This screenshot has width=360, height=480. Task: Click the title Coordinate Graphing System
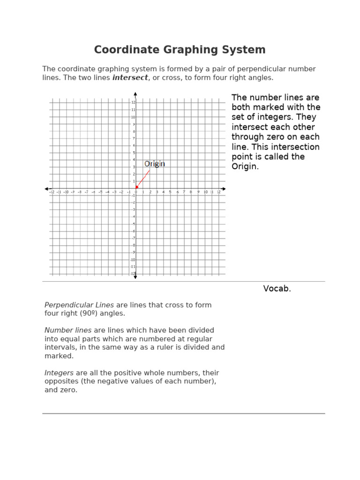(180, 50)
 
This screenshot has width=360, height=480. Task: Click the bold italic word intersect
(130, 78)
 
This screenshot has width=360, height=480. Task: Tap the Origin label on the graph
(154, 164)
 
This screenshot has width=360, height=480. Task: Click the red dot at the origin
(136, 187)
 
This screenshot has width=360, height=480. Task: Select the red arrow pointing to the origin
(143, 179)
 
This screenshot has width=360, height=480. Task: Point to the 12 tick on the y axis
(133, 102)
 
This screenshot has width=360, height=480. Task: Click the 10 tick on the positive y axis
(133, 117)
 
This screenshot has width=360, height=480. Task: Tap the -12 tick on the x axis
(52, 192)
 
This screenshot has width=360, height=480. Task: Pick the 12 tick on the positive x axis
(218, 192)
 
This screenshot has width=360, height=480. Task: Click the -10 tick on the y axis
(133, 260)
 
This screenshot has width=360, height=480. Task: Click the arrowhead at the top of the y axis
(135, 92)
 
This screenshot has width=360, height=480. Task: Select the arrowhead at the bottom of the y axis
(135, 277)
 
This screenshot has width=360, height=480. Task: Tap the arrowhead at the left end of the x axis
(46, 189)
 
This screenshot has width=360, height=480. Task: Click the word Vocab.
(277, 289)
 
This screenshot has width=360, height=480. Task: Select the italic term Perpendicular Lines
(79, 305)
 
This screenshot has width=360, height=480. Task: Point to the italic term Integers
(59, 373)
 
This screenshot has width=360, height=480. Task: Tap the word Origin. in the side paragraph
(245, 166)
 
